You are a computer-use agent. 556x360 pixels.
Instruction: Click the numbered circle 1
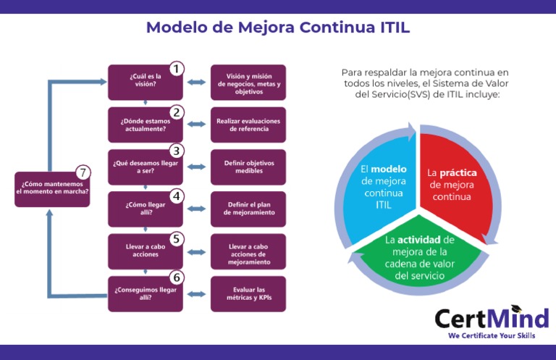(176, 69)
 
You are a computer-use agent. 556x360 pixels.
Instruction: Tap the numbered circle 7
(83, 172)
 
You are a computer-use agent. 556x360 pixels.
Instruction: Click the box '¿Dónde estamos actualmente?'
(145, 125)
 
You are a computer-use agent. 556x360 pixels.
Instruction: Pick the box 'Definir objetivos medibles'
(248, 167)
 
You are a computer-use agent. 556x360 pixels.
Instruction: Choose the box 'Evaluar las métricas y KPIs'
(248, 294)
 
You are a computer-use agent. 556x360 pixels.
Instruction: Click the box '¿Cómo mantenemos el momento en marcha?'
(52, 188)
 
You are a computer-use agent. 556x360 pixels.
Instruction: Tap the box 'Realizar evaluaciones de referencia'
(248, 125)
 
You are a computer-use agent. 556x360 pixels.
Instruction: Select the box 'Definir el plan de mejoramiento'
(248, 209)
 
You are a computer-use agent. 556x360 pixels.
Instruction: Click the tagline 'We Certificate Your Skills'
(490, 336)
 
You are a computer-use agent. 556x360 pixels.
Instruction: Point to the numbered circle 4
(176, 196)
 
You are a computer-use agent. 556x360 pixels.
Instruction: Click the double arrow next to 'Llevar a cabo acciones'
(196, 251)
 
